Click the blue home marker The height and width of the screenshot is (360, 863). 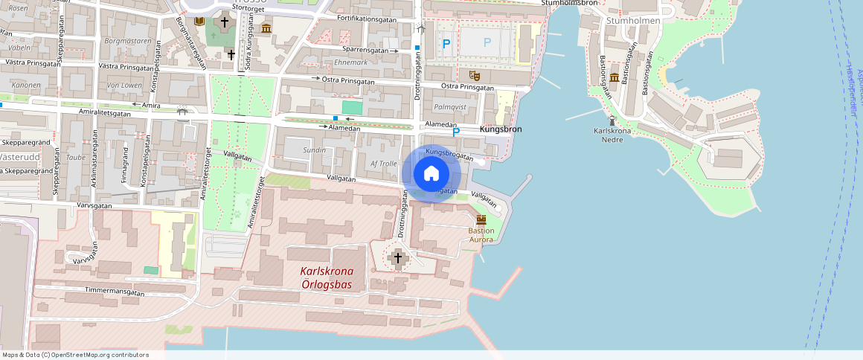(431, 174)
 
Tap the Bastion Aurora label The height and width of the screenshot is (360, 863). (481, 235)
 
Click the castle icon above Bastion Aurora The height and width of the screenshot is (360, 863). (481, 220)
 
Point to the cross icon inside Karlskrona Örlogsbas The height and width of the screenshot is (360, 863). (397, 258)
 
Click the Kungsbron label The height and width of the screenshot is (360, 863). (501, 129)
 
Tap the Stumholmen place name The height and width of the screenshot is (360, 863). (633, 21)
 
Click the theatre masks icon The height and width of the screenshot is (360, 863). (472, 74)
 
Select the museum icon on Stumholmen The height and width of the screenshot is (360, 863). (615, 78)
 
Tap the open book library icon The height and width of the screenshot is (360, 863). (199, 22)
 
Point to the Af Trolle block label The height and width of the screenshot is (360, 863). (384, 163)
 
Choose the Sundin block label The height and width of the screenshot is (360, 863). (315, 150)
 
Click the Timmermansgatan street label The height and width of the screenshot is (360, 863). (115, 292)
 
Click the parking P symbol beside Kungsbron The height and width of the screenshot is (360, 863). (456, 132)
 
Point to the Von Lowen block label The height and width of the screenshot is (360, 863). (123, 86)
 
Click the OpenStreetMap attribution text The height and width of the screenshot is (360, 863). (75, 355)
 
